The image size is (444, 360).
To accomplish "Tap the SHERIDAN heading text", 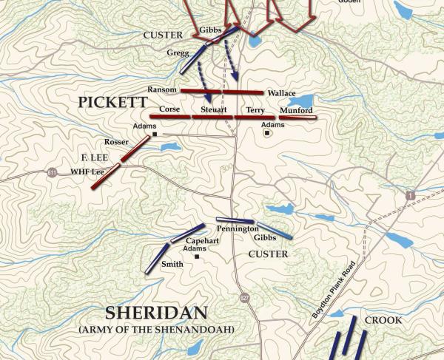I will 155,312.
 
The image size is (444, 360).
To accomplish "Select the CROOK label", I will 383,320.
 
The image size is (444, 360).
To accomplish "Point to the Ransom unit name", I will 161,89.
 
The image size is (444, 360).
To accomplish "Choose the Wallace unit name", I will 281,94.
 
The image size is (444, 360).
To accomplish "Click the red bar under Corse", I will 170,117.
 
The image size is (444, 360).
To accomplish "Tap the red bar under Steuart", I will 213,117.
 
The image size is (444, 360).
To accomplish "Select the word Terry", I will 255,109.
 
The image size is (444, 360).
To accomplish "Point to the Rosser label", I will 116,141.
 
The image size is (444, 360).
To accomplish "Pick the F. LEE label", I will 95,157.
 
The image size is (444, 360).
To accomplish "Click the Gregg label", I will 178,53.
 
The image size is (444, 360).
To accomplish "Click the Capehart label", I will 202,241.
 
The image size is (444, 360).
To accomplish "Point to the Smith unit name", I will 172,264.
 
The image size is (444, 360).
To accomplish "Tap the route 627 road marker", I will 244,297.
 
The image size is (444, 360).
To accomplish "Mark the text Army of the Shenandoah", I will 156,328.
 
